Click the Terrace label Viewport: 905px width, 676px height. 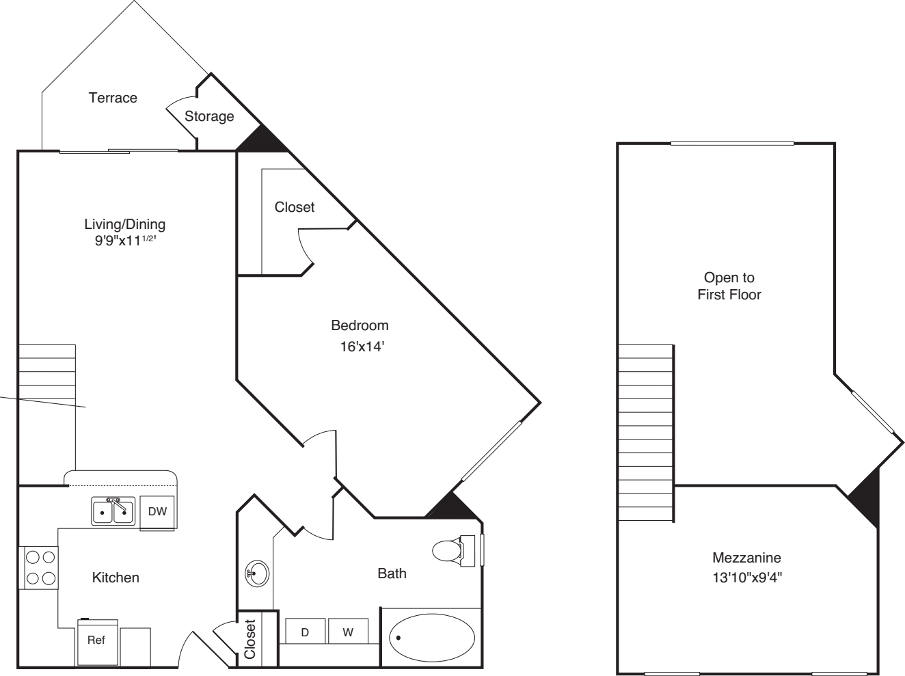tap(113, 98)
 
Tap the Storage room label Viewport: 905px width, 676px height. tap(209, 116)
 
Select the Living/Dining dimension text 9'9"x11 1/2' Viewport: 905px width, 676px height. tap(125, 241)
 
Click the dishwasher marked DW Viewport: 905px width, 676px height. tap(157, 511)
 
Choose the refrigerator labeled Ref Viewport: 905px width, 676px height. tap(96, 641)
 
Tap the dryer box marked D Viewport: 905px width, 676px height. tap(305, 632)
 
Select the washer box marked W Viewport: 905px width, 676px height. tap(348, 632)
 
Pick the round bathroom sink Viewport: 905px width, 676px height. tap(257, 573)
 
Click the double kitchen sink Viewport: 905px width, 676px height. tap(113, 511)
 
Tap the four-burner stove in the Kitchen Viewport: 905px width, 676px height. tap(40, 567)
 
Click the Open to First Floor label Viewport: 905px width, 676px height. tap(729, 286)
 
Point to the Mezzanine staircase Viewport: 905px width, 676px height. tap(646, 434)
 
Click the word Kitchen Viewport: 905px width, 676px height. tap(116, 578)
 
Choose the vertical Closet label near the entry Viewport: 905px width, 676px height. tap(250, 639)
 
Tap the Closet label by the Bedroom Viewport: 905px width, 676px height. tap(295, 206)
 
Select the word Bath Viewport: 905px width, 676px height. tap(392, 573)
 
